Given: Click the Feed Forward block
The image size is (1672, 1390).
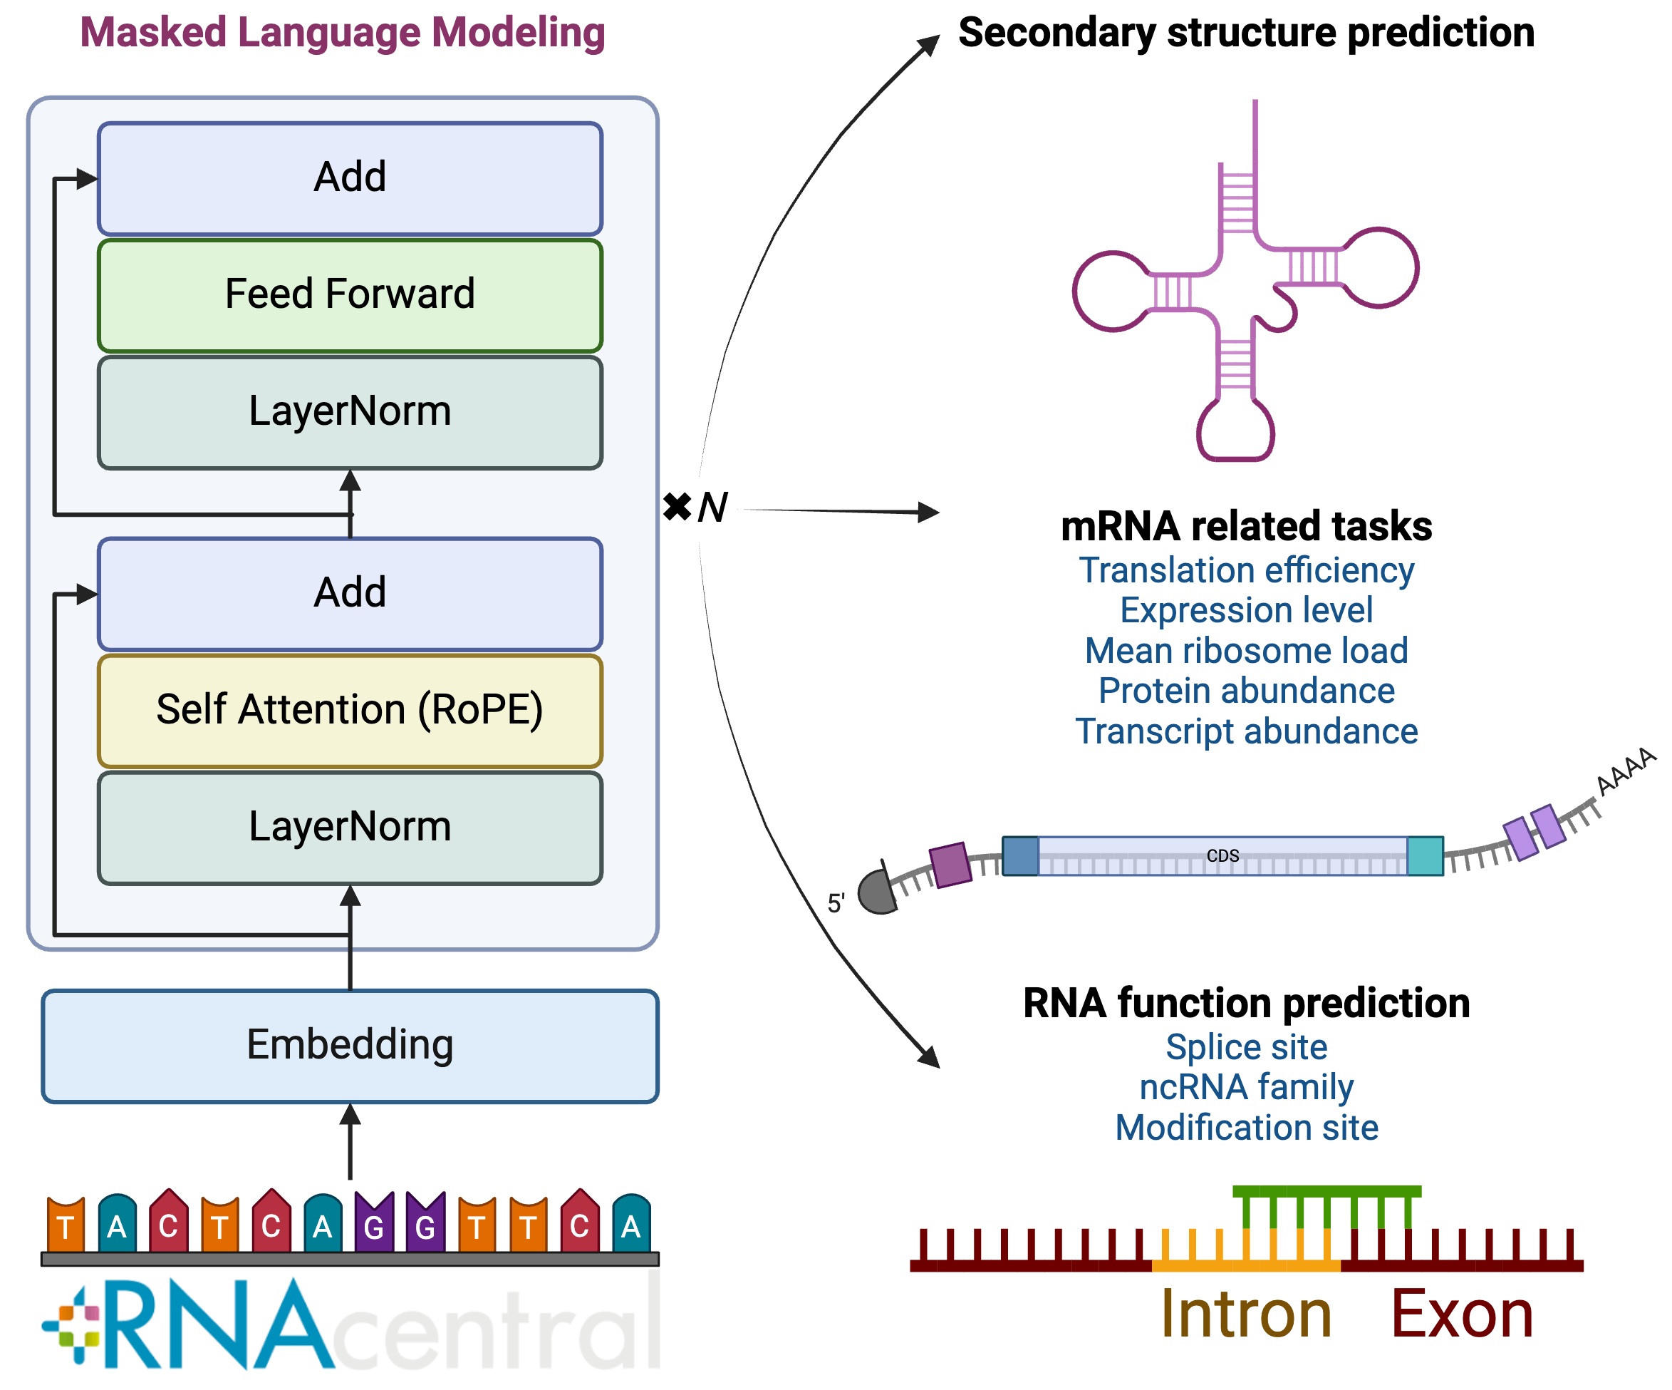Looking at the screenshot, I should (350, 294).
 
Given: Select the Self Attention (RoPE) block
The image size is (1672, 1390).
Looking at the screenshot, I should (350, 710).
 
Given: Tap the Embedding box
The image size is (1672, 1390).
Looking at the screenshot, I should (350, 1045).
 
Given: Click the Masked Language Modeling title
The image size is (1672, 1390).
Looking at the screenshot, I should (343, 34).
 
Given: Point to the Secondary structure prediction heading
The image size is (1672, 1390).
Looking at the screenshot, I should (1246, 34).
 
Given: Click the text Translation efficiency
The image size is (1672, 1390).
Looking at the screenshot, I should (1246, 570).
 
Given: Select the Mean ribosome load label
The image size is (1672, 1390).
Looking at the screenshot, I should (1246, 651).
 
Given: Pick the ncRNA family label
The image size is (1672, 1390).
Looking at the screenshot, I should (1246, 1087).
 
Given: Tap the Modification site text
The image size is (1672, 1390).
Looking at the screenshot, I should (1246, 1128).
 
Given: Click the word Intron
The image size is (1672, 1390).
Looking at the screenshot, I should (1246, 1314).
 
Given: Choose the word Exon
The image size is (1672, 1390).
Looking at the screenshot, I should (1462, 1314).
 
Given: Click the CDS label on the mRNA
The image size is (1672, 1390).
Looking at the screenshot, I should (1222, 855).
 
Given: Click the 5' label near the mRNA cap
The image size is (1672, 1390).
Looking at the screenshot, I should (835, 903).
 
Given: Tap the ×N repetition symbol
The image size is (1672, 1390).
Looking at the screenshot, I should (695, 507).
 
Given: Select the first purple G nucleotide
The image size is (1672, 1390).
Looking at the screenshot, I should (374, 1222).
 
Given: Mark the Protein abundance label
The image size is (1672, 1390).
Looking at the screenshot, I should (1246, 691).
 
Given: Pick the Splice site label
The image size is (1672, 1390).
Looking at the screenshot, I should (1246, 1047).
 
